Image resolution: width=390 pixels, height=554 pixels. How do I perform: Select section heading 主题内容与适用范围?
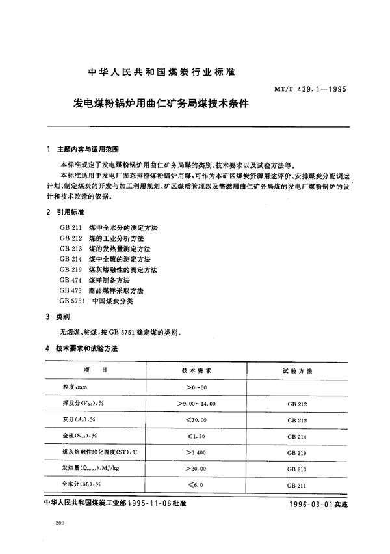(88, 148)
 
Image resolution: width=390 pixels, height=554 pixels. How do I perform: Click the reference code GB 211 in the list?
(68, 228)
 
